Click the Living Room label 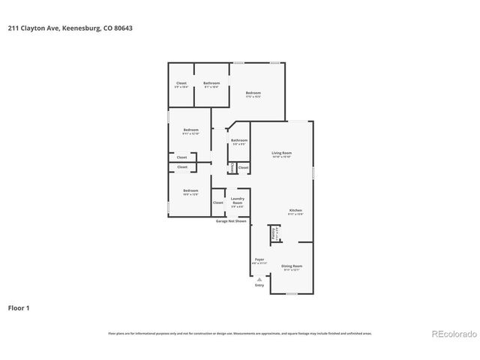click(281, 152)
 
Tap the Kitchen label click(295, 210)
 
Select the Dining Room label click(292, 265)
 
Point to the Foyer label click(259, 259)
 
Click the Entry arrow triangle click(259, 278)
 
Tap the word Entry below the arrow click(259, 285)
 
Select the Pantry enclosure click(274, 235)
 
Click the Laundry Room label click(237, 200)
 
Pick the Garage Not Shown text click(231, 221)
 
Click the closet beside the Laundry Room click(218, 202)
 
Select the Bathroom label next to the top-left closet click(211, 82)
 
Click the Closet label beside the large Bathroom click(181, 82)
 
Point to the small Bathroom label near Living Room click(239, 140)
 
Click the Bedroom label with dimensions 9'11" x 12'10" click(190, 130)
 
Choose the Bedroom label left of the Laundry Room click(190, 191)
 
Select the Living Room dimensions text click(281, 157)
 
